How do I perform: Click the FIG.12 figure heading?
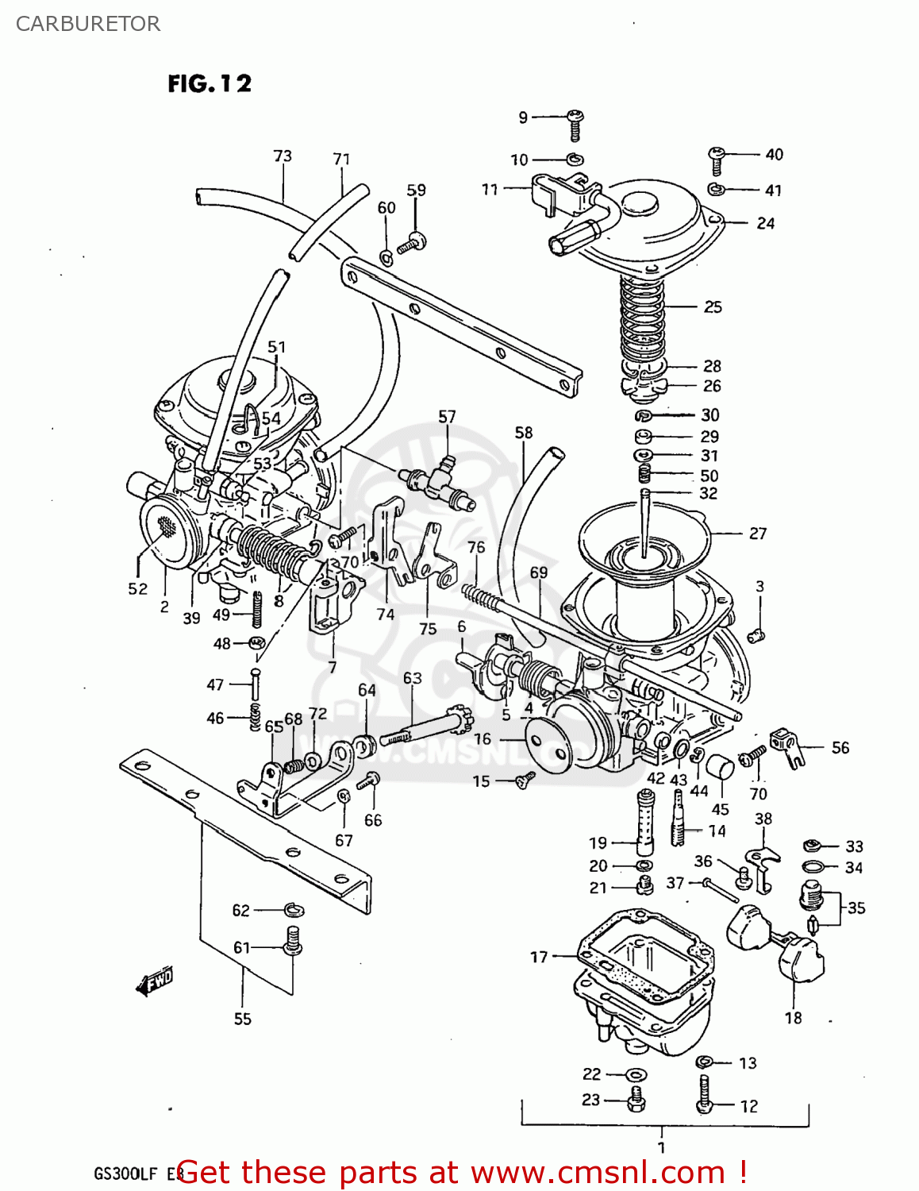(210, 83)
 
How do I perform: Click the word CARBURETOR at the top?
(88, 24)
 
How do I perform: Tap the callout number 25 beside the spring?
(713, 306)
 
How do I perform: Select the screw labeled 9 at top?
(576, 125)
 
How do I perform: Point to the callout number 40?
(774, 154)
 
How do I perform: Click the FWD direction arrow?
(154, 983)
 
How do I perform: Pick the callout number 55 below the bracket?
(242, 1019)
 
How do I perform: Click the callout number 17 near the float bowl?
(539, 957)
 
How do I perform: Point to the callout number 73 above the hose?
(283, 156)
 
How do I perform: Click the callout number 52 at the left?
(138, 588)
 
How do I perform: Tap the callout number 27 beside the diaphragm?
(758, 534)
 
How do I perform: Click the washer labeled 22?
(636, 1075)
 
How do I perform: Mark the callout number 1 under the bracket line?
(661, 1147)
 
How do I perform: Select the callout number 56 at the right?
(840, 747)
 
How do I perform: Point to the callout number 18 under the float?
(793, 1018)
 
